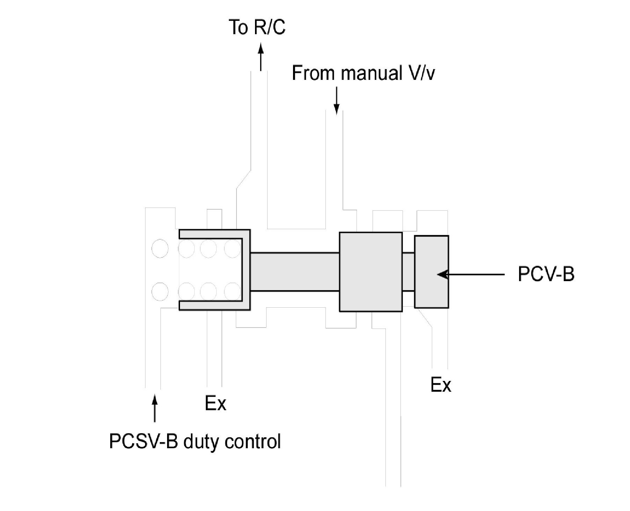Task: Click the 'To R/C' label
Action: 257,27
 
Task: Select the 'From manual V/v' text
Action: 363,73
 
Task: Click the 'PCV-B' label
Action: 546,275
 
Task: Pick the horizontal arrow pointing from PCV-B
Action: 471,275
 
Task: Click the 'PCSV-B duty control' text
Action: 195,442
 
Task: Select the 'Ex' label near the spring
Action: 215,404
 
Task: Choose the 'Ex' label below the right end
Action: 441,385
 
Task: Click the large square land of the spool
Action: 370,272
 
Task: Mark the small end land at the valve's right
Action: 432,272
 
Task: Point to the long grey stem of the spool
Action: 295,272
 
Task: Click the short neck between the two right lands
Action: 408,272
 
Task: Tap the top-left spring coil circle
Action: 160,249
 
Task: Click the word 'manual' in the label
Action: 371,73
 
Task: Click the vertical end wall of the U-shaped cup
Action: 246,270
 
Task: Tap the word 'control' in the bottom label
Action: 253,442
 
